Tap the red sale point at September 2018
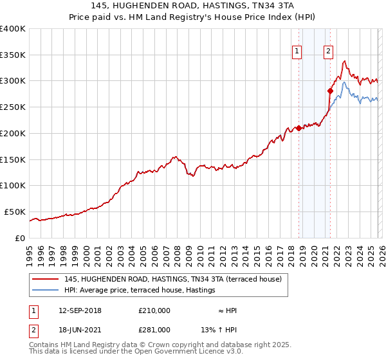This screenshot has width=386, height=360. pyautogui.click(x=299, y=129)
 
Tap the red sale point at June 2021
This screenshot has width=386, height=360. pyautogui.click(x=330, y=91)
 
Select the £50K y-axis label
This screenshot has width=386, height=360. pyautogui.click(x=15, y=212)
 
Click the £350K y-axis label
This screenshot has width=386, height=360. pyautogui.click(x=13, y=55)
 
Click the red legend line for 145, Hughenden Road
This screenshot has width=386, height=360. pyautogui.click(x=46, y=280)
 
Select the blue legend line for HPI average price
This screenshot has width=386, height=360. pyautogui.click(x=46, y=291)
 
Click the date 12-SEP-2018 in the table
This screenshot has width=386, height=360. pyautogui.click(x=80, y=310)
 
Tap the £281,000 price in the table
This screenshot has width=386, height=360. pyautogui.click(x=154, y=329)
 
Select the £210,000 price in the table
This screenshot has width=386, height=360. pyautogui.click(x=154, y=310)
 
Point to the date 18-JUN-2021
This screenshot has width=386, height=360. pyautogui.click(x=80, y=329)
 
